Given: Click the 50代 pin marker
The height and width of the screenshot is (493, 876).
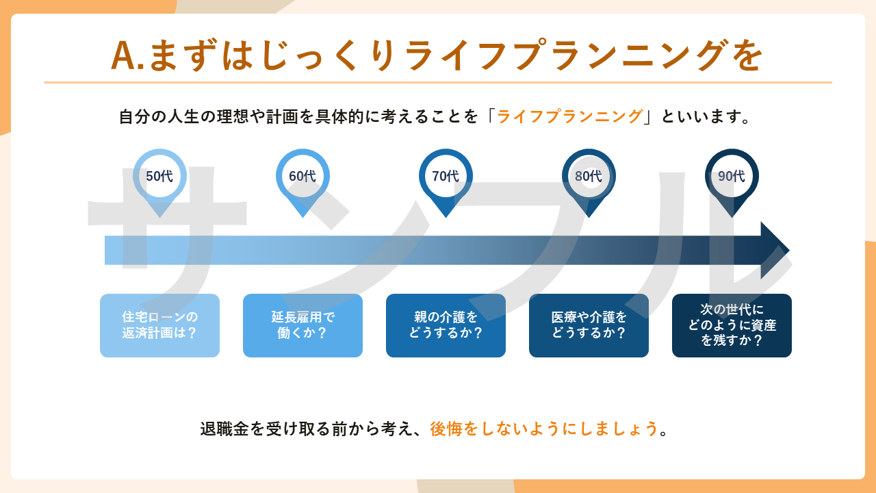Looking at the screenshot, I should click(x=159, y=177).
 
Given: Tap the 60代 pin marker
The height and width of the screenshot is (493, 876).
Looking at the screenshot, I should click(x=302, y=177).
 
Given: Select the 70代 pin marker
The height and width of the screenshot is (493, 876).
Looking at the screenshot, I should click(x=446, y=177).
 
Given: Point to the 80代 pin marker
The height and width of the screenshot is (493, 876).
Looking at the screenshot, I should click(x=589, y=177).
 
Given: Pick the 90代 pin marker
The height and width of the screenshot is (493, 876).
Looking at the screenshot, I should click(x=732, y=177).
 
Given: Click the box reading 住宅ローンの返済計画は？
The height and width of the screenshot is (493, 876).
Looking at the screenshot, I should click(x=159, y=326).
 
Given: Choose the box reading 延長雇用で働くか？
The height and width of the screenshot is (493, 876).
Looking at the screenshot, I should click(x=302, y=326).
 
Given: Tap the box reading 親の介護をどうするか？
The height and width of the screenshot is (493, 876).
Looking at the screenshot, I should click(x=446, y=326).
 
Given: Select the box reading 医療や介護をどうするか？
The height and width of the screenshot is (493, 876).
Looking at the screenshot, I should click(x=589, y=326).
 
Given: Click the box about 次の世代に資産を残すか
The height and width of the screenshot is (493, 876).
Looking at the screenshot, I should click(x=732, y=326).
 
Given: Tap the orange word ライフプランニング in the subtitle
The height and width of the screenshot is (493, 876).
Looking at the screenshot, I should click(x=569, y=116).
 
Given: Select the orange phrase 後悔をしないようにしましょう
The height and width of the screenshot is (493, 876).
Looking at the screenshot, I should click(x=544, y=429).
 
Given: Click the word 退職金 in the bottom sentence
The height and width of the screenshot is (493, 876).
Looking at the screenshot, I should click(x=223, y=429).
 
